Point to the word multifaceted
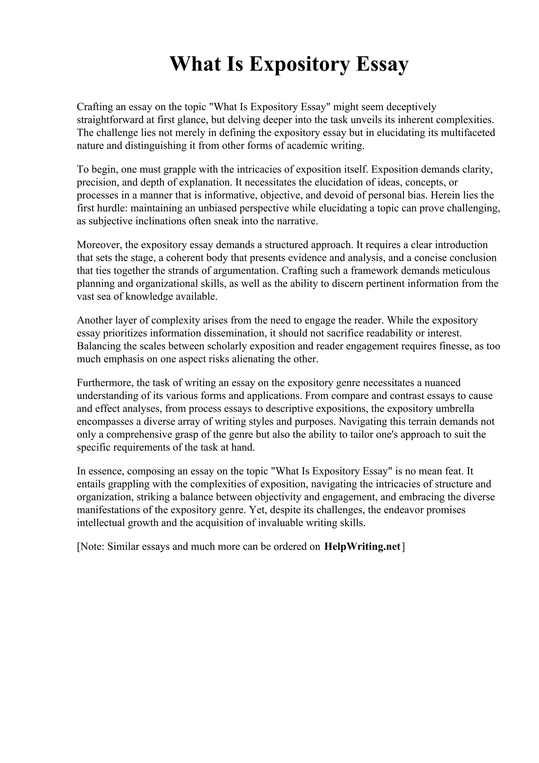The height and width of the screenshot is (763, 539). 468,133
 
